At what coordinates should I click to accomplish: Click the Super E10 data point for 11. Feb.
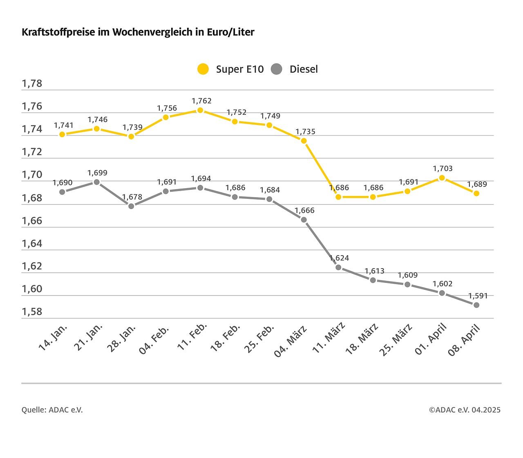coord(200,110)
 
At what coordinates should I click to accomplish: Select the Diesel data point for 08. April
coord(476,305)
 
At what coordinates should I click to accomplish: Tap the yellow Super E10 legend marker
coord(203,69)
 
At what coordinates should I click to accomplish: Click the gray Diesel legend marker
coord(277,69)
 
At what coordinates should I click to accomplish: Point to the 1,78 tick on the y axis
coord(32,84)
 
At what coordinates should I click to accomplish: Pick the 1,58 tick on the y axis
coord(32,312)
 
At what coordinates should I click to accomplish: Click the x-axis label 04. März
coord(291,340)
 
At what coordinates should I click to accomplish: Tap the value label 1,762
coord(201,101)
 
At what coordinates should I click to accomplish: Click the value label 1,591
coord(478,296)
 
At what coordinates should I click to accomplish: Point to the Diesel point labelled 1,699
coord(97,182)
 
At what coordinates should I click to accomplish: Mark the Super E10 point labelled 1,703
coord(442,178)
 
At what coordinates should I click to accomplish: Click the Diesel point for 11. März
coord(338,267)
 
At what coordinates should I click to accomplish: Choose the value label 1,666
coord(305,210)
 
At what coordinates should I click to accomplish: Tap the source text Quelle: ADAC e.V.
coord(52,410)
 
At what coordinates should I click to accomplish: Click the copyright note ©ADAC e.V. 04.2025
coord(465,410)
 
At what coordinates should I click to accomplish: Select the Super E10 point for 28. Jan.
coord(131,136)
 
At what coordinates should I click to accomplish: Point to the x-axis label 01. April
coord(431,338)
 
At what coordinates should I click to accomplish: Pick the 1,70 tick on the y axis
coord(32,175)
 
